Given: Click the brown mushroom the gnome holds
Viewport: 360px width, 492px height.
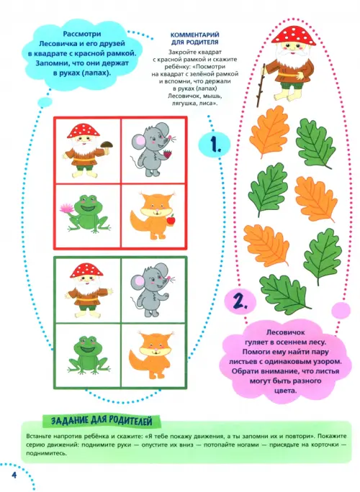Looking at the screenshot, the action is click(x=107, y=145).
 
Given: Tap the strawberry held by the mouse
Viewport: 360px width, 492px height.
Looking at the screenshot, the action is click(x=168, y=155).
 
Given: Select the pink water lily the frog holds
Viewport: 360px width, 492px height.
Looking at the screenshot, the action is click(x=66, y=208).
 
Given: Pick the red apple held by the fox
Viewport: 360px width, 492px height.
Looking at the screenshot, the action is click(x=171, y=220).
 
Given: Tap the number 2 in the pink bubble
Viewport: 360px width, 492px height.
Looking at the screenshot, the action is click(x=240, y=301).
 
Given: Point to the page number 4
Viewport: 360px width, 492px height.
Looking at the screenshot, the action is click(x=14, y=475).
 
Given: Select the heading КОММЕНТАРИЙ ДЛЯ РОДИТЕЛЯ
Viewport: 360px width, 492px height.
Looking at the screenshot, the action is click(x=195, y=38).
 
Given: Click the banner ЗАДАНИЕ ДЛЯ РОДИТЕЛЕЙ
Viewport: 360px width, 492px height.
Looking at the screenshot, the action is click(x=102, y=421).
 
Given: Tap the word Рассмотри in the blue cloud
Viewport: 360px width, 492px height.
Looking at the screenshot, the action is click(x=82, y=34).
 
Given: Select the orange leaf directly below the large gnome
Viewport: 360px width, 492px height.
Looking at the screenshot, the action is click(x=269, y=132).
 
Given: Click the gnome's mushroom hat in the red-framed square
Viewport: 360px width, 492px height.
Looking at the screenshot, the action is click(x=84, y=130).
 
